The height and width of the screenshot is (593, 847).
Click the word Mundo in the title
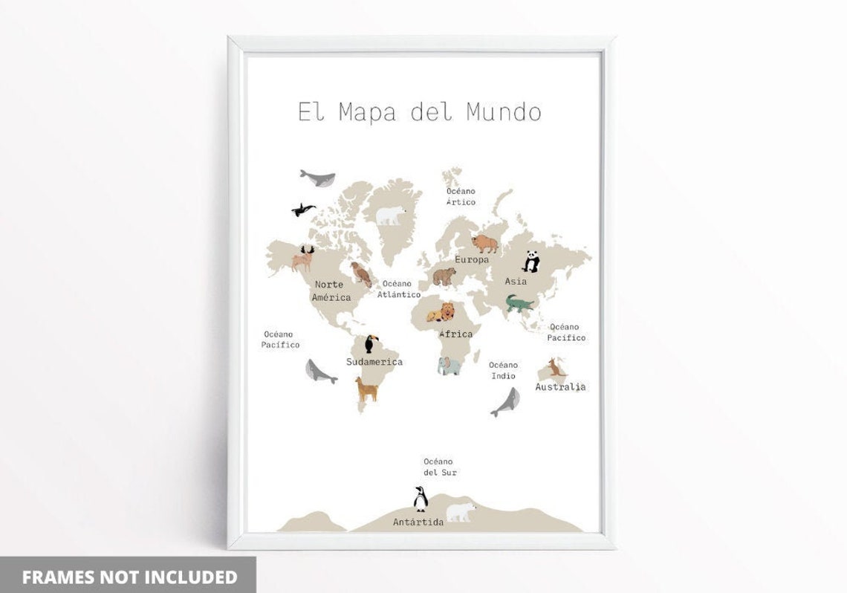pos(504,112)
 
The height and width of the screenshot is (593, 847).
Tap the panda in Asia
pos(530,261)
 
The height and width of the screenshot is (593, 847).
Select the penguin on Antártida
pos(421,499)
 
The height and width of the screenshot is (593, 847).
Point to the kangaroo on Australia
pos(556,368)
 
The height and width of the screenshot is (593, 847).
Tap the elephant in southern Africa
pos(449,366)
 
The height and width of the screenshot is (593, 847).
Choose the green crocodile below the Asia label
pos(519,303)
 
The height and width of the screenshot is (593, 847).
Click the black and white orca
pos(303,210)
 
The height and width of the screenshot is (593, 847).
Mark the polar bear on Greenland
pos(390,216)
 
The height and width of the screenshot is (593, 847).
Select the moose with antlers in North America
pos(303,259)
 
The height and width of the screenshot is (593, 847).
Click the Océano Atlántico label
pos(398,289)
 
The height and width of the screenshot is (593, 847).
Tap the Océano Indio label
pos(503,370)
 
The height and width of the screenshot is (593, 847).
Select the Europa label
pos(472,260)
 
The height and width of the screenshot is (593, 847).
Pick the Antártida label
pos(418,522)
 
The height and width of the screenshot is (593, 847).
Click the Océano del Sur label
pos(440,467)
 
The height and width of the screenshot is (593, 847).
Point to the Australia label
pos(560,386)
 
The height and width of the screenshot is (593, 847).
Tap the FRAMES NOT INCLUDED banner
pos(129,577)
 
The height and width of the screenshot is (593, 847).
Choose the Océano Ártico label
pos(461,196)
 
